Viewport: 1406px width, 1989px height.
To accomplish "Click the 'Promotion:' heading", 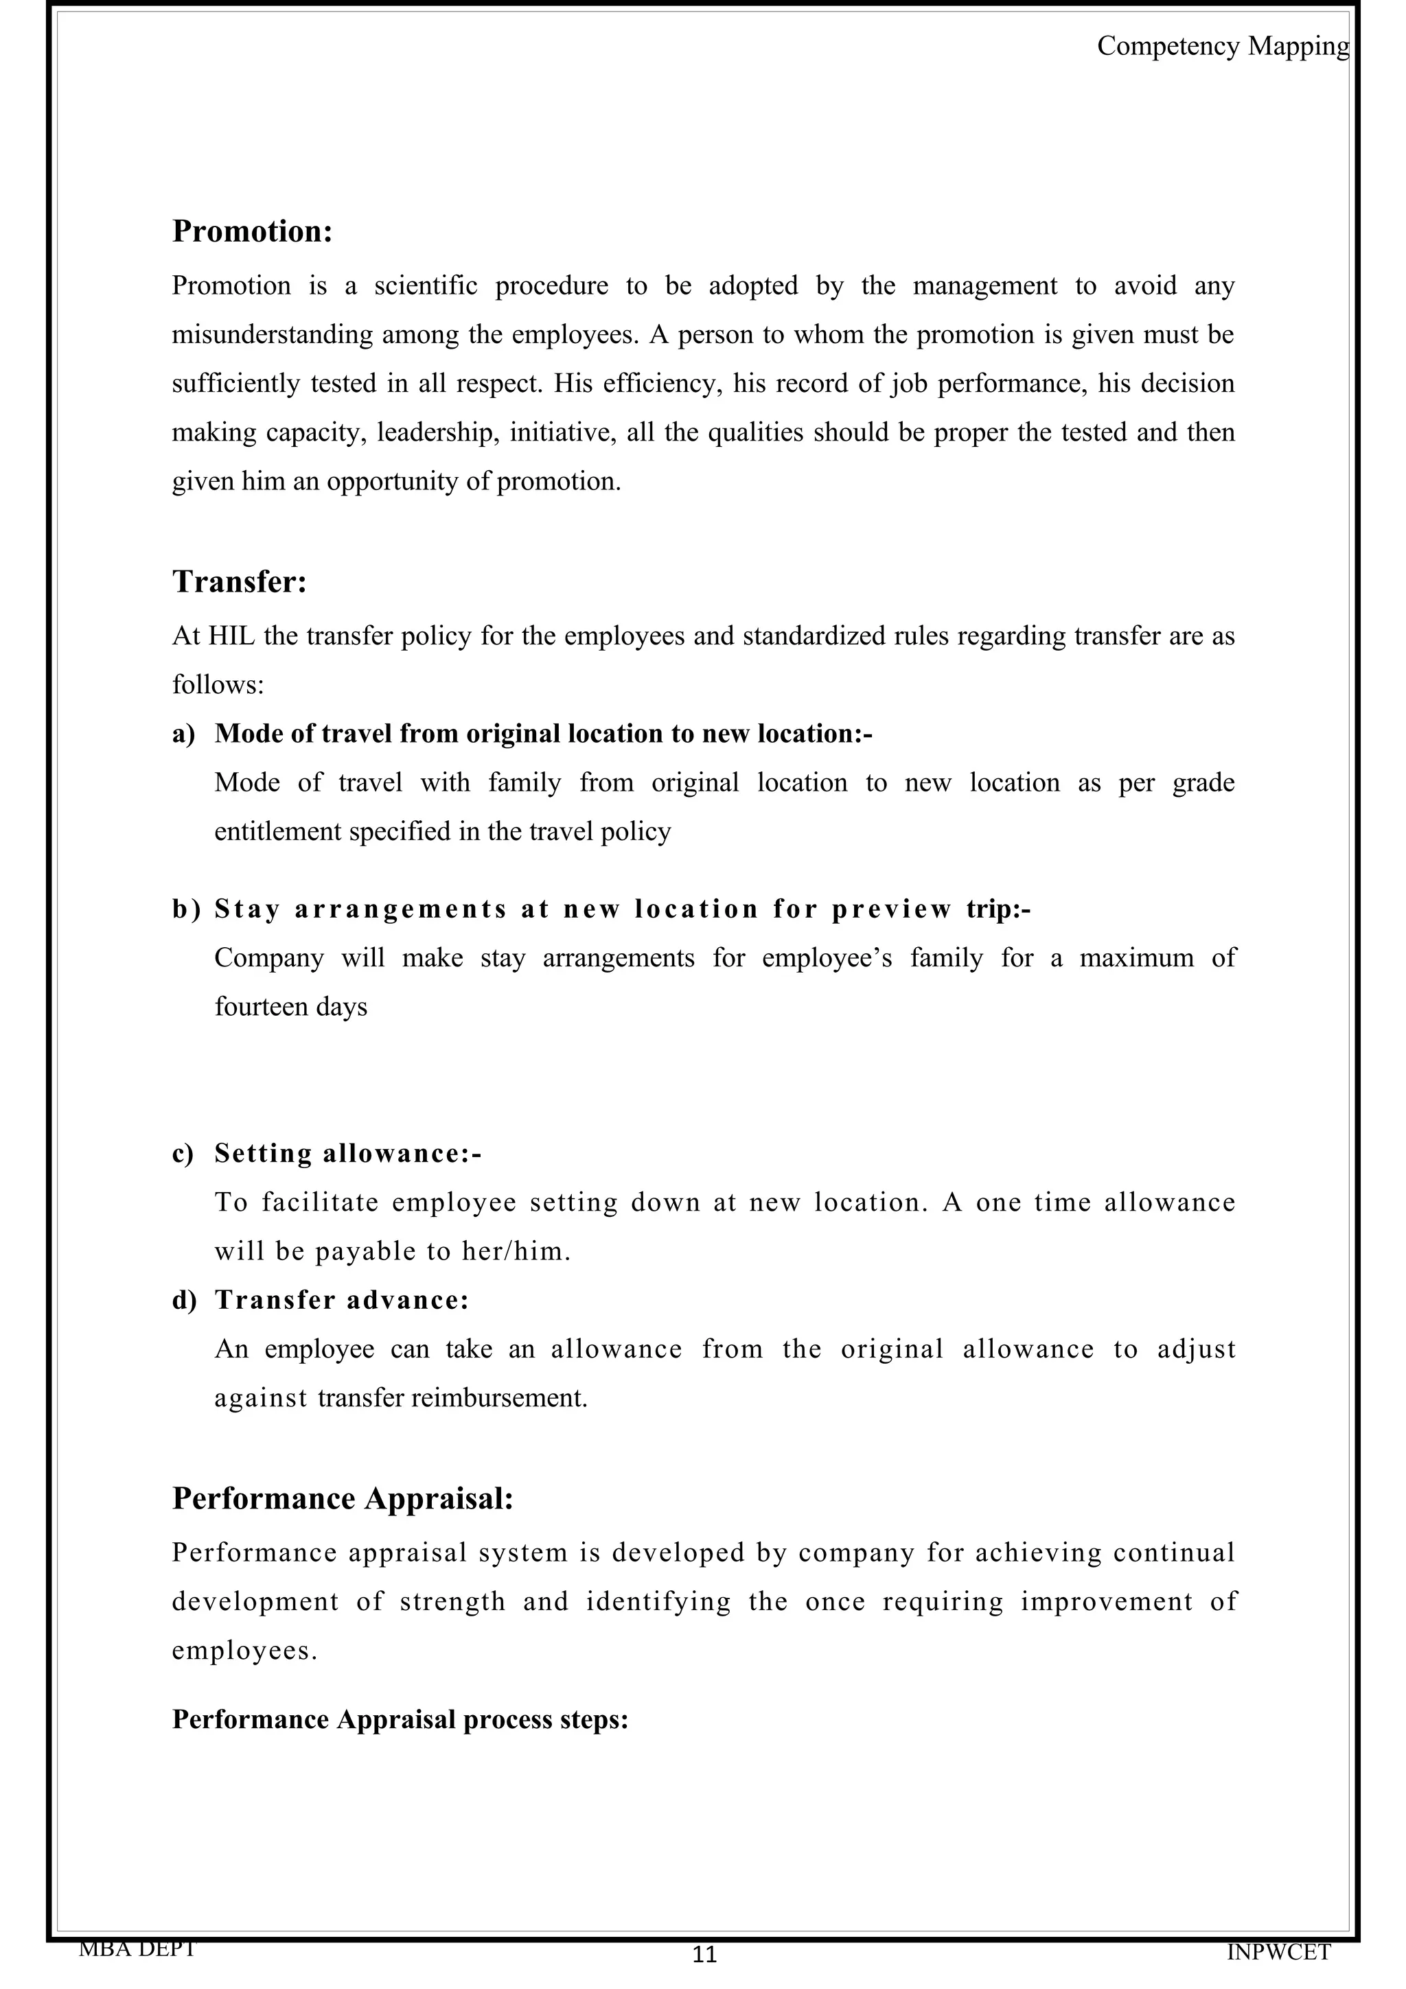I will [252, 231].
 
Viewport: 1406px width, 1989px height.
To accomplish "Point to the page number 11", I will [704, 1955].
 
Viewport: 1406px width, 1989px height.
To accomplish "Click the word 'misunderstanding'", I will [272, 335].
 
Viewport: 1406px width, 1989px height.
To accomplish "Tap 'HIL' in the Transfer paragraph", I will [228, 637].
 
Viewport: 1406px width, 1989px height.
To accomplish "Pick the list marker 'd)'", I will [184, 1301].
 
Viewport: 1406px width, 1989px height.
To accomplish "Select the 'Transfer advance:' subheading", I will [341, 1301].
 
